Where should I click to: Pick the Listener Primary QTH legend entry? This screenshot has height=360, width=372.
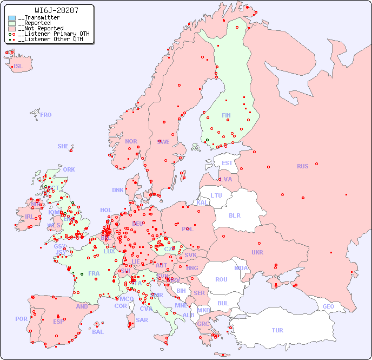pos(50,34)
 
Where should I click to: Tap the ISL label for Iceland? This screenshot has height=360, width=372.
pos(18,67)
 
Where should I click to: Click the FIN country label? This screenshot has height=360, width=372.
pos(226,115)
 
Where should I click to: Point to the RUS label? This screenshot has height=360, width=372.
pos(302,166)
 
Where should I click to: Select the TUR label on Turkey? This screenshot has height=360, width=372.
pos(277,330)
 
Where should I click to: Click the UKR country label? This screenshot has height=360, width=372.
pos(257,252)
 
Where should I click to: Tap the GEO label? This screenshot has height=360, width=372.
pos(328,306)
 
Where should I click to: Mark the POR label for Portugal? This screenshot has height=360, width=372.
pos(21,319)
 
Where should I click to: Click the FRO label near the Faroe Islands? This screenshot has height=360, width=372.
pos(46,115)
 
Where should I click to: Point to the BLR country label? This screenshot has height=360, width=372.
pos(234,215)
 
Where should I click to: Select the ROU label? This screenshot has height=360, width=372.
pos(221,279)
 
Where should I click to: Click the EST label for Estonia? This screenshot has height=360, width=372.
pos(227,163)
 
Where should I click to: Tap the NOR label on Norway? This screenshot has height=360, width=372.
pos(131,141)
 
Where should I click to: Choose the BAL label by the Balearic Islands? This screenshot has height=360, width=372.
pos(98,332)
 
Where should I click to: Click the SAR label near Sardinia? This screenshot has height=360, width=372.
pos(142,320)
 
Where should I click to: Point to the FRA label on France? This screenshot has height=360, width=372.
pos(94,273)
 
